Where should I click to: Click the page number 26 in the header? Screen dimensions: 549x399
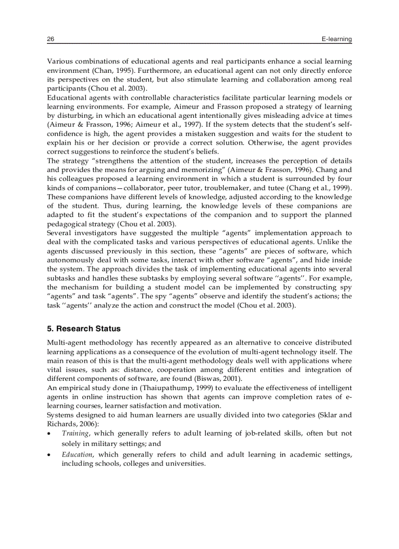pyautogui.click(x=50, y=39)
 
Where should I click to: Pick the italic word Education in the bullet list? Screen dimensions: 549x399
pyautogui.click(x=77, y=454)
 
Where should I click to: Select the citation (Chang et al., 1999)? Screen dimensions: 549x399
pyautogui.click(x=320, y=188)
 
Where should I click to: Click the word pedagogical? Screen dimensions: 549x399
pyautogui.click(x=68, y=223)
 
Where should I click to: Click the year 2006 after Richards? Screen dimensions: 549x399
pyautogui.click(x=89, y=423)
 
